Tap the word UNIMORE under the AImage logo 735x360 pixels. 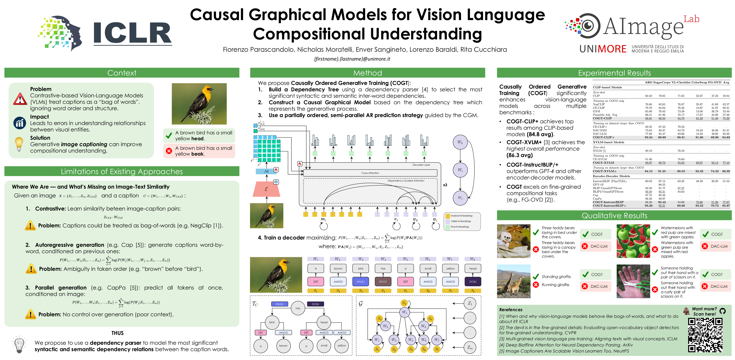click(x=603, y=49)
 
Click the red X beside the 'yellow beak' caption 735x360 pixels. click(x=169, y=151)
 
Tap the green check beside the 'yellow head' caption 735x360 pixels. click(x=169, y=135)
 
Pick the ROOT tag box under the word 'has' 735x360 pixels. click(x=383, y=281)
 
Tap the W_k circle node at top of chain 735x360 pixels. click(x=460, y=142)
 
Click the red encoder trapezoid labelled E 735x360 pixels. click(x=266, y=189)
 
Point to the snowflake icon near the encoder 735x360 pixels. click(x=276, y=182)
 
